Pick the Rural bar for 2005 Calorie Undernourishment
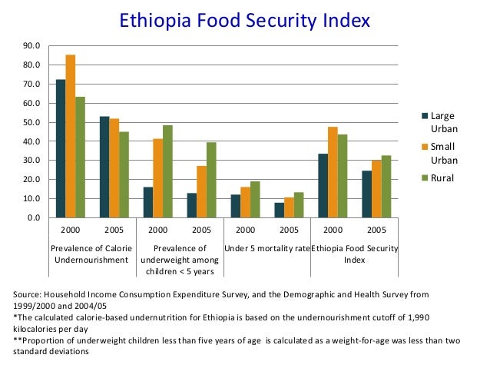[x=124, y=174]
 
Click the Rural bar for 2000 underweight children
[x=168, y=171]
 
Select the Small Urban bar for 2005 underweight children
[x=201, y=191]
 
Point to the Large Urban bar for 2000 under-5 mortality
[x=236, y=206]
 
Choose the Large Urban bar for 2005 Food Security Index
[x=366, y=194]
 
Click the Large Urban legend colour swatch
[x=425, y=116]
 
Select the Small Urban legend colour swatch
[x=425, y=147]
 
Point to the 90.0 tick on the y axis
[x=32, y=46]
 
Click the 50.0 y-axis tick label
[x=32, y=122]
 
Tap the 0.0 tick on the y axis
[x=35, y=217]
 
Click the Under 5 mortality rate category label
[x=267, y=249]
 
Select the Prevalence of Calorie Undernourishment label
[x=92, y=254]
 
